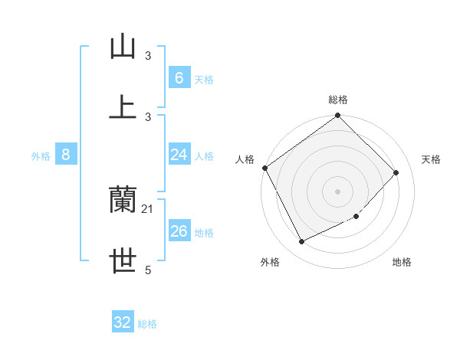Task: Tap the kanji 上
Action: click(x=123, y=107)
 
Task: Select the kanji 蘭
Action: click(x=123, y=200)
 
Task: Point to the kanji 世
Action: click(x=123, y=261)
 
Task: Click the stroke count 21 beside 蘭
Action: click(x=148, y=208)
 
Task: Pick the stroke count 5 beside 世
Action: click(x=148, y=270)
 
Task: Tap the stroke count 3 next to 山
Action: click(x=148, y=55)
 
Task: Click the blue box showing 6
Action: click(x=179, y=77)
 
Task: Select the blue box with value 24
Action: click(x=179, y=155)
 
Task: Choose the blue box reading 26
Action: click(x=179, y=231)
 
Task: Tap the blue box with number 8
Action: click(x=66, y=155)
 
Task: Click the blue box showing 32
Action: click(x=123, y=322)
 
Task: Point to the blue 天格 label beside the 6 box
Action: click(x=204, y=79)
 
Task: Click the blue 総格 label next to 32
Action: click(x=147, y=324)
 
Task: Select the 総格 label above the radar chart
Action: click(x=338, y=100)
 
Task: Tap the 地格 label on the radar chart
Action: click(x=402, y=262)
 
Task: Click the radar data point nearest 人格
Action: click(x=264, y=168)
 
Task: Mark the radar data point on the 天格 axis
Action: click(x=396, y=172)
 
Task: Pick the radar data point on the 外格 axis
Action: click(x=301, y=242)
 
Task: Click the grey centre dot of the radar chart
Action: click(x=337, y=191)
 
